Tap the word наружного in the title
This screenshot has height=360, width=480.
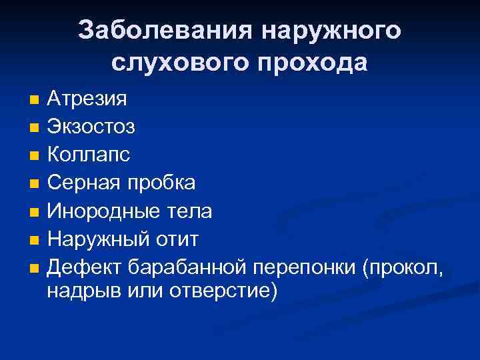click(331, 30)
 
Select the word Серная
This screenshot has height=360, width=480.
click(81, 183)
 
